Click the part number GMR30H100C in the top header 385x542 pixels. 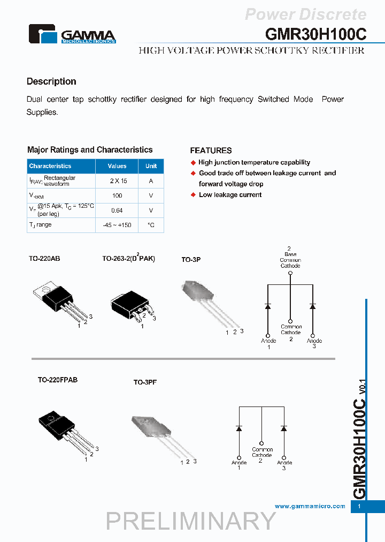315,34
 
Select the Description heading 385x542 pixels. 51,81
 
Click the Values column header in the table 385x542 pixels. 117,166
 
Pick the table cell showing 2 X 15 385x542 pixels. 117,181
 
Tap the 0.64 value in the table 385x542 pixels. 117,210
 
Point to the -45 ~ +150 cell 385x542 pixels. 117,225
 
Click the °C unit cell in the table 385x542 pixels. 151,225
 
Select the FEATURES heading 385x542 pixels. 211,150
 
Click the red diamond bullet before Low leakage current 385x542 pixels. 194,195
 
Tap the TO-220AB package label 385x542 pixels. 44,259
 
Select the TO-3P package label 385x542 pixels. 191,260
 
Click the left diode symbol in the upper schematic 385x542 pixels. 268,306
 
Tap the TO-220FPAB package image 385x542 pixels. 64,428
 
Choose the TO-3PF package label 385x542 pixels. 145,382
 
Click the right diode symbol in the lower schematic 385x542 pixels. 283,428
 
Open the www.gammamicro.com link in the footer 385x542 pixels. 310,506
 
